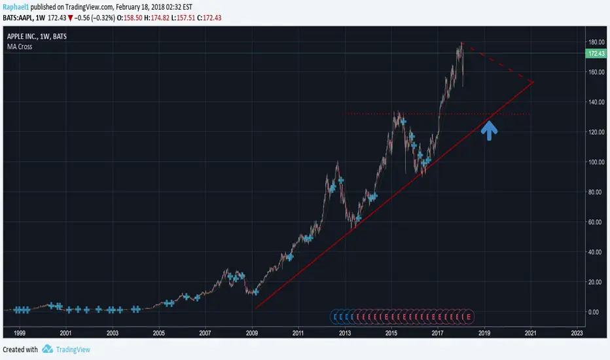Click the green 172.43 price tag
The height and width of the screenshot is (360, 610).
(595, 53)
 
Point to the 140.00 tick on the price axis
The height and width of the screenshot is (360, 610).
(594, 102)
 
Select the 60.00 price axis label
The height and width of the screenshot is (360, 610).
(594, 222)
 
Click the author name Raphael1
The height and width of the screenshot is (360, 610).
(17, 6)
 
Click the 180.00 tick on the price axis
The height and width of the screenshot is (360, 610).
(594, 43)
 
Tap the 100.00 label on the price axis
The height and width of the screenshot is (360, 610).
(594, 162)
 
